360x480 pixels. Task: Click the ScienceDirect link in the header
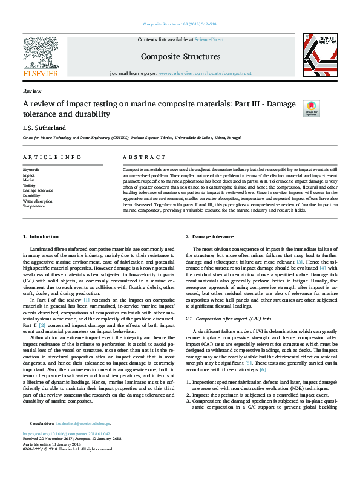[209, 39]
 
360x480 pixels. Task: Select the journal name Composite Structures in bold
[180, 57]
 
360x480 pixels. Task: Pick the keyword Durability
[32, 196]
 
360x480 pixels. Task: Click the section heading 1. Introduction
[41, 236]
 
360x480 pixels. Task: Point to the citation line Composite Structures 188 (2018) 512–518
[180, 24]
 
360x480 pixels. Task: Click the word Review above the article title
[31, 91]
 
